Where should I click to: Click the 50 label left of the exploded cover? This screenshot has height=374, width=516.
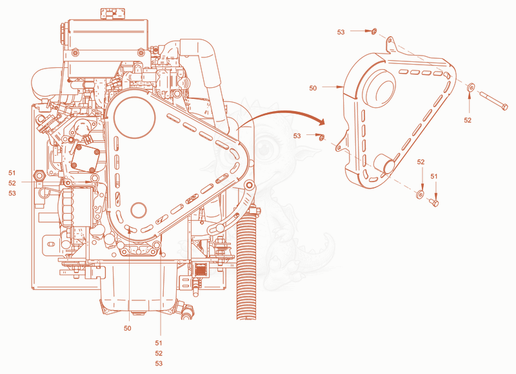[313, 88]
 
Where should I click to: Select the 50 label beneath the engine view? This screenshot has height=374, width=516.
[127, 328]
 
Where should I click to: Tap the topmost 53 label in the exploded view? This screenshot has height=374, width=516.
[341, 32]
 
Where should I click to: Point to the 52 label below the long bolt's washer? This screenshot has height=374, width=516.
[468, 120]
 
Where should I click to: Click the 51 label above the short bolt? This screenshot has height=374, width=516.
[434, 176]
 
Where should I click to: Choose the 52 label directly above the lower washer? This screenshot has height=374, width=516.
[421, 161]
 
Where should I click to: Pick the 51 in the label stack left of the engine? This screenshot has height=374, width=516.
[12, 172]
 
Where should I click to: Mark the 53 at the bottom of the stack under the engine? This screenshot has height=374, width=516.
[159, 364]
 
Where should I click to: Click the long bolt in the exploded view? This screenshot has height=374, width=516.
[493, 101]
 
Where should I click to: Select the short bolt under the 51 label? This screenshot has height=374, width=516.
[433, 202]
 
